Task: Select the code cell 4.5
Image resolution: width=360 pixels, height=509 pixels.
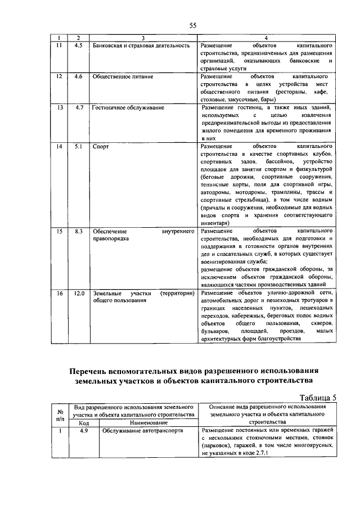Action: (x=79, y=45)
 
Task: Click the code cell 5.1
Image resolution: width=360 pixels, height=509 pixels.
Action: (x=79, y=146)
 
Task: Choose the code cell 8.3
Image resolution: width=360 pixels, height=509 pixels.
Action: (x=79, y=231)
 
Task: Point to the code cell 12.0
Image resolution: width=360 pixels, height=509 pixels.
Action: (x=79, y=293)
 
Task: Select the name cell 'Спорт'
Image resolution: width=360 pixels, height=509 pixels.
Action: (x=101, y=146)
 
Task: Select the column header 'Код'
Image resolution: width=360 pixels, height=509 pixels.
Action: (x=83, y=422)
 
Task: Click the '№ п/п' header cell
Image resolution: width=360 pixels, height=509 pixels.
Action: (x=60, y=414)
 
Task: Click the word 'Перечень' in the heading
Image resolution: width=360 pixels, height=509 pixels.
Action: (x=92, y=371)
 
